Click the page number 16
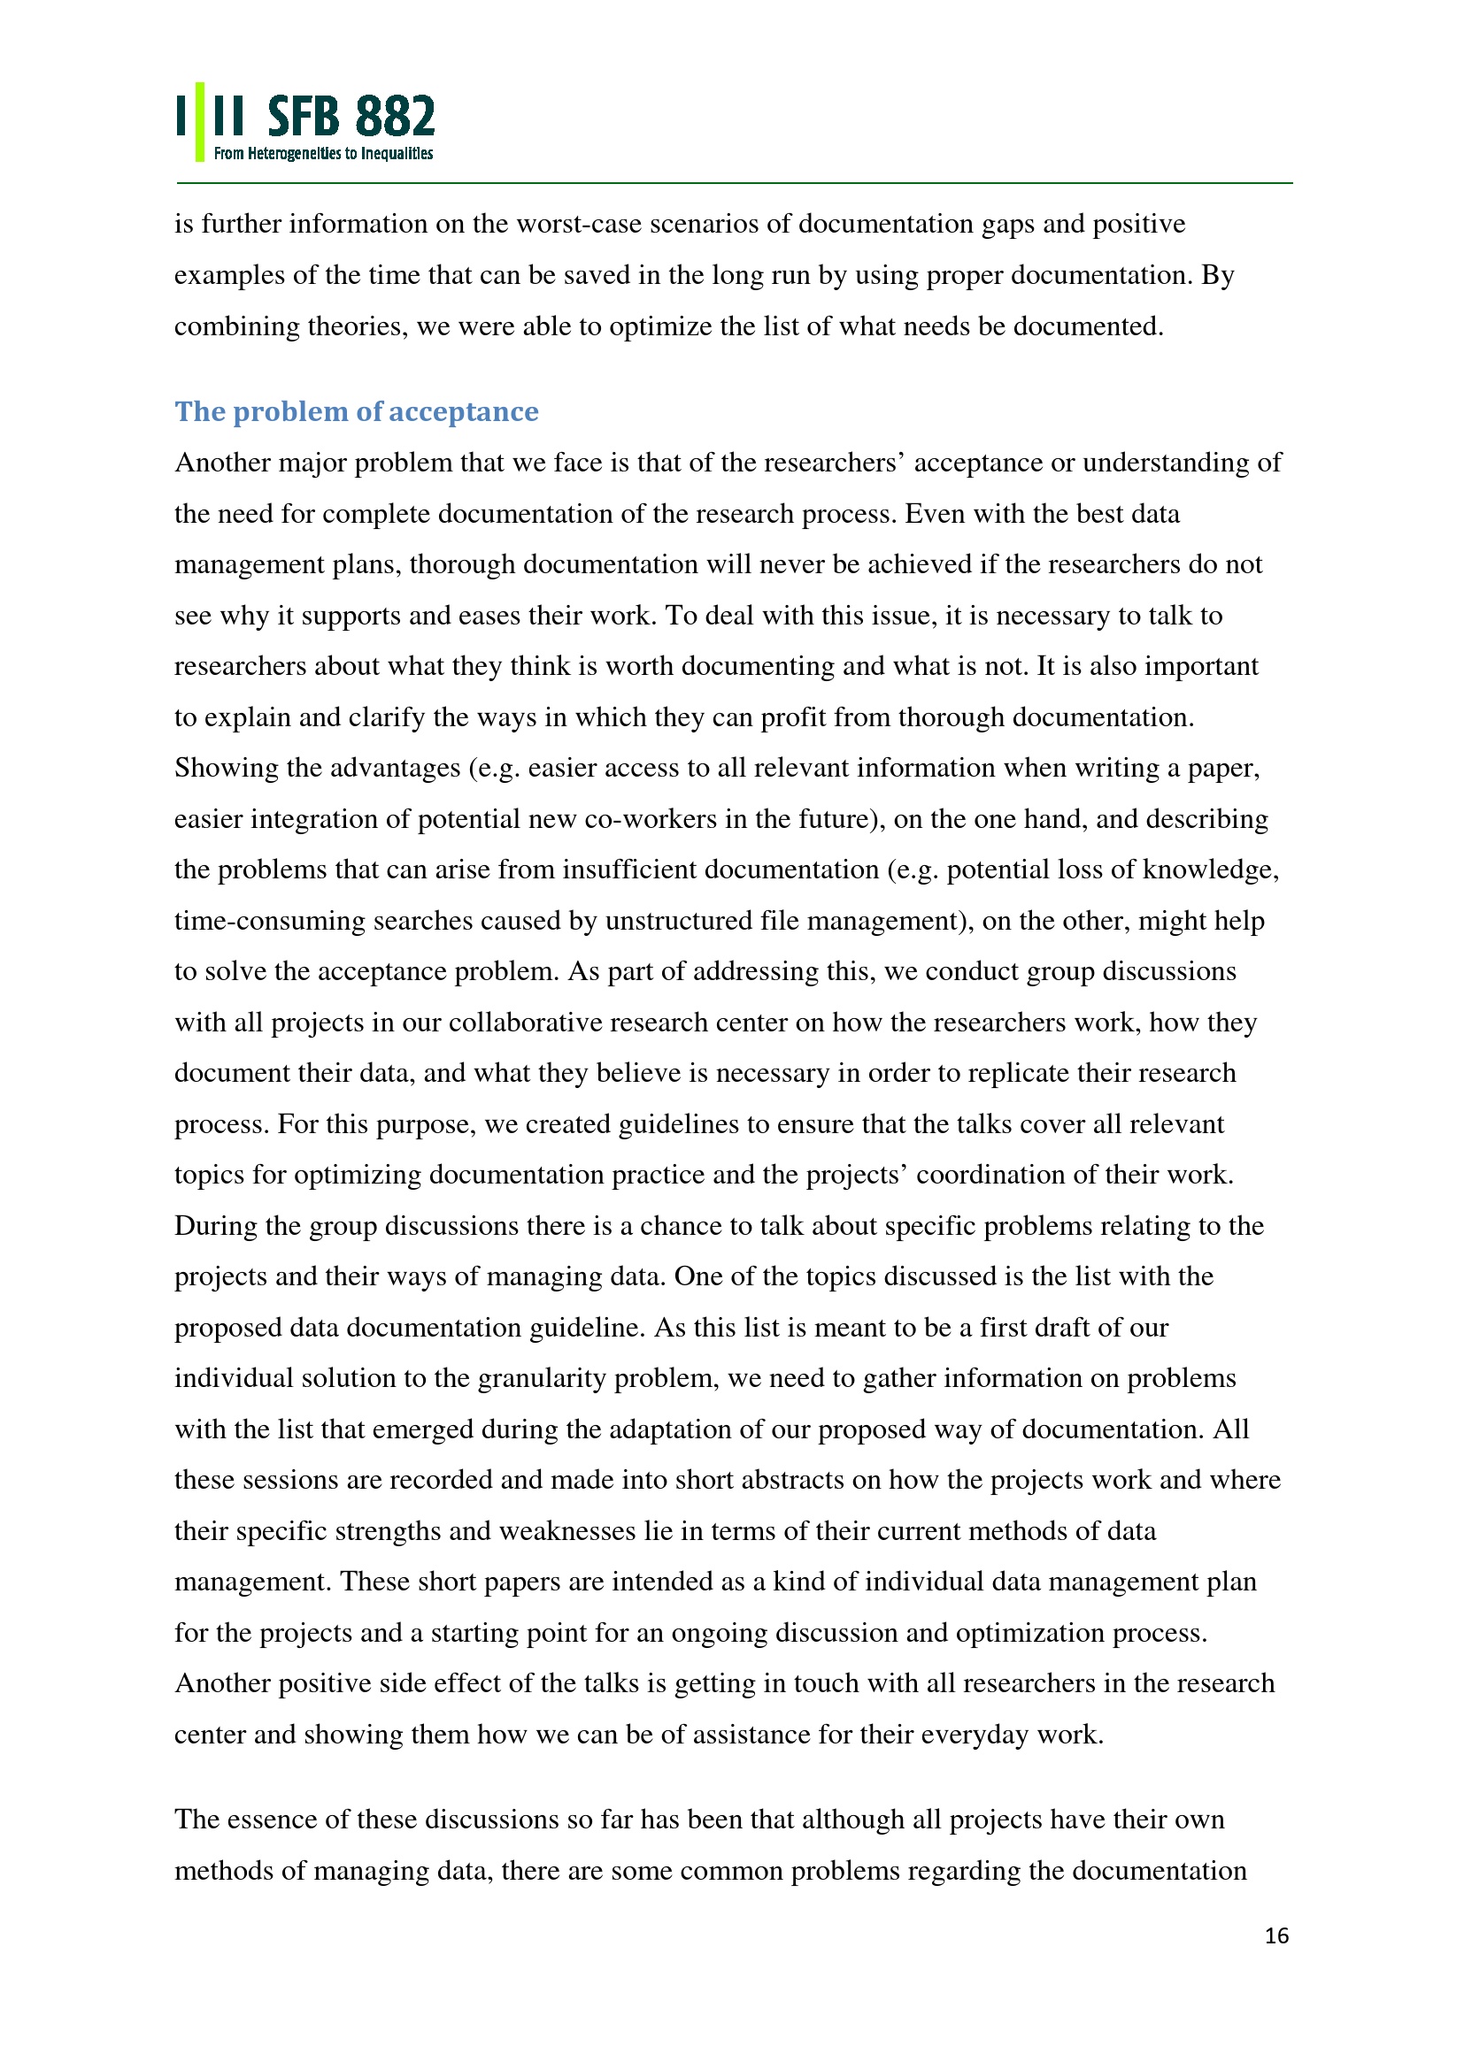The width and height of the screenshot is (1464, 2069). [1276, 1935]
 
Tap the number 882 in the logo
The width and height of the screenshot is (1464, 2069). [395, 117]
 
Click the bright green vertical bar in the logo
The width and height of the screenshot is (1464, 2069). [200, 122]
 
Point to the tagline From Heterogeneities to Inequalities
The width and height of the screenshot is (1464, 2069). [323, 154]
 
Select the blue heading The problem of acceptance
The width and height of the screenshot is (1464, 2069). [356, 412]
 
